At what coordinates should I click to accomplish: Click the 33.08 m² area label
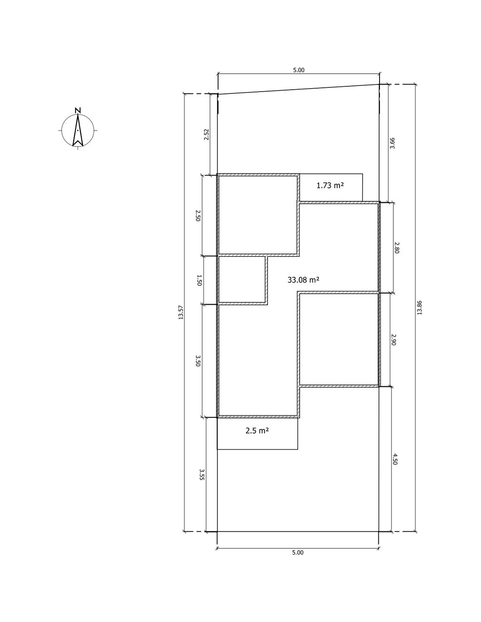[x=303, y=280]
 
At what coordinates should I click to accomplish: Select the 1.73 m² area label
[x=330, y=185]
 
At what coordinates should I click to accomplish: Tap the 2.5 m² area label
[x=257, y=438]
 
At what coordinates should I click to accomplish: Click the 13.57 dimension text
[x=180, y=312]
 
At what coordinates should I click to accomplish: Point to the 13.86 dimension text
[x=419, y=307]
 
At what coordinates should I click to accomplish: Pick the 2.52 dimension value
[x=206, y=135]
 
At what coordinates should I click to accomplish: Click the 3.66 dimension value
[x=393, y=143]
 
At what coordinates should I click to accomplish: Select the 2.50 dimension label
[x=198, y=215]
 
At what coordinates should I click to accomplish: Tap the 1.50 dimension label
[x=199, y=280]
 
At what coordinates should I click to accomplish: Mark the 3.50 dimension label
[x=198, y=361]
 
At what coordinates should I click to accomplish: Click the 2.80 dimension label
[x=396, y=247]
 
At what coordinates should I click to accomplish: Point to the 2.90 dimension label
[x=393, y=340]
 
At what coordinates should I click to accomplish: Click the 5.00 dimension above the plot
[x=299, y=70]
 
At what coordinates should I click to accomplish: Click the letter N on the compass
[x=78, y=110]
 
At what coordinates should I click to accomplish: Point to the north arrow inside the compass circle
[x=78, y=130]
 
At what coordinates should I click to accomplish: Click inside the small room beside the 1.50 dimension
[x=241, y=279]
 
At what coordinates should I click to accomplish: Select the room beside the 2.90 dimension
[x=339, y=339]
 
